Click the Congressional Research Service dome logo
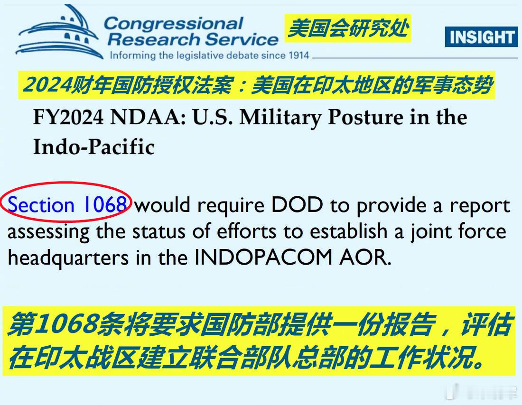pyautogui.click(x=59, y=32)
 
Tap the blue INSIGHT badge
pyautogui.click(x=481, y=37)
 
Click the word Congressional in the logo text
pyautogui.click(x=173, y=24)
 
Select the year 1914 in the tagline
pyautogui.click(x=299, y=55)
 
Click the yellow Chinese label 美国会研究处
pyautogui.click(x=348, y=28)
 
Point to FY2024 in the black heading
pyautogui.click(x=68, y=118)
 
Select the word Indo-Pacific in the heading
pyautogui.click(x=94, y=147)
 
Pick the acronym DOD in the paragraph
pyautogui.click(x=297, y=205)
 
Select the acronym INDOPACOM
pyautogui.click(x=263, y=257)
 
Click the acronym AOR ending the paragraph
pyautogui.click(x=365, y=257)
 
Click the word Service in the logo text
pyautogui.click(x=242, y=40)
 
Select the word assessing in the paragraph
pyautogui.click(x=48, y=232)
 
